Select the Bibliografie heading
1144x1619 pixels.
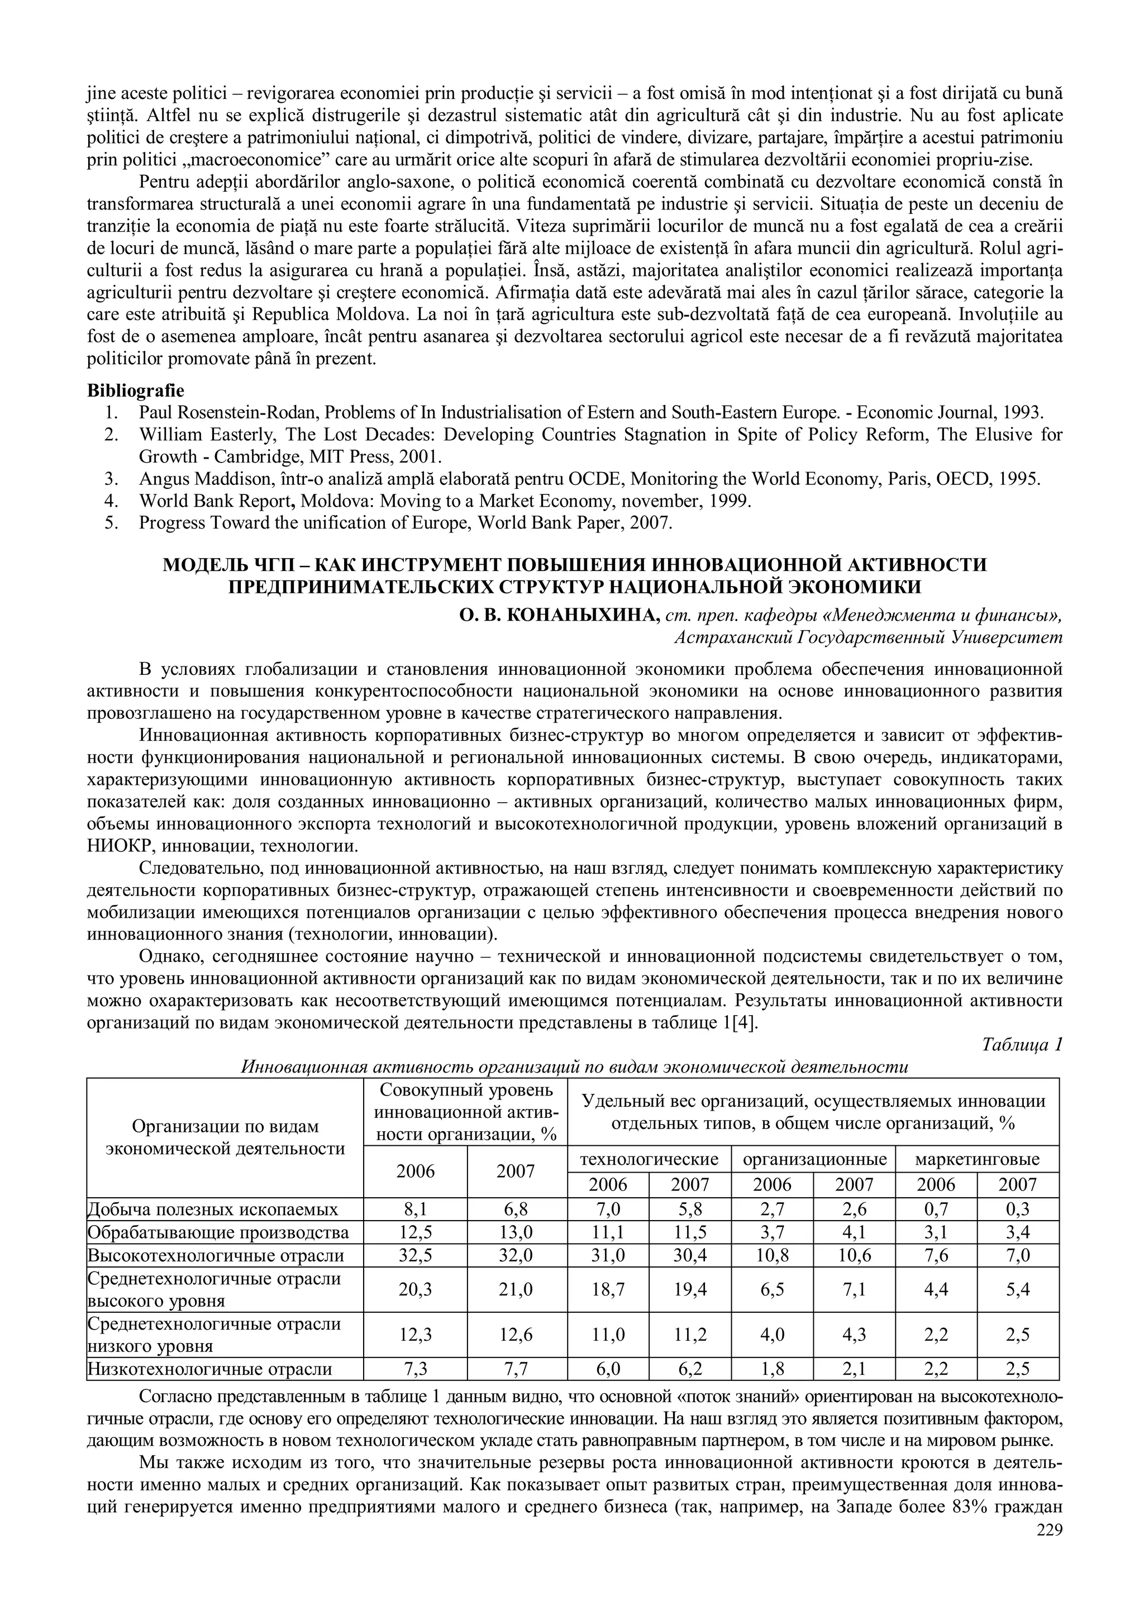135,390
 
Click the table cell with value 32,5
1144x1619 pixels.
415,1255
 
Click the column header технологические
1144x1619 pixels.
649,1159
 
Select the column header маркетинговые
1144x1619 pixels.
977,1159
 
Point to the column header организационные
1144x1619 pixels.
814,1159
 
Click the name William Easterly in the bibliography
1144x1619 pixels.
193,435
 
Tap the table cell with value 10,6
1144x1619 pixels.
854,1255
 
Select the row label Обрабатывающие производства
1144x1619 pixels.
218,1232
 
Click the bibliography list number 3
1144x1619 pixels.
111,479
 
